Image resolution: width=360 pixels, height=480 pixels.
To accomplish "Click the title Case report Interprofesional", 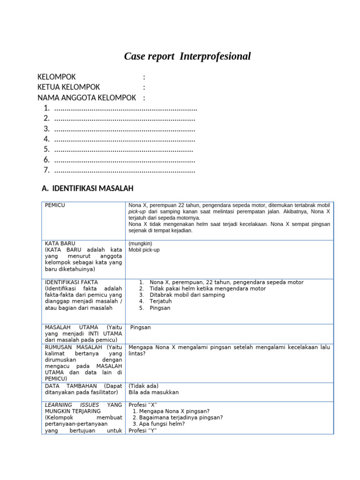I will point(187,57).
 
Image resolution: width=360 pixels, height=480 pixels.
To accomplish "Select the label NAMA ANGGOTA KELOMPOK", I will point(87,97).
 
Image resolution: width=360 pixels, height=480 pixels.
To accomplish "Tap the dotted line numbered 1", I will point(125,108).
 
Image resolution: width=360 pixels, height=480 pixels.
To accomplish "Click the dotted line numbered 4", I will point(124,139).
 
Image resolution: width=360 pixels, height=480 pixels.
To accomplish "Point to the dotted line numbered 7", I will point(124,170).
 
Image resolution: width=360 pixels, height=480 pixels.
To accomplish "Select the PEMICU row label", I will point(55,205).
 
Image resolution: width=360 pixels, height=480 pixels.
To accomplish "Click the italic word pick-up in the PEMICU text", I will point(137,212).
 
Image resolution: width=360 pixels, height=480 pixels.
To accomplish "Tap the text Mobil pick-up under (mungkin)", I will point(144,250).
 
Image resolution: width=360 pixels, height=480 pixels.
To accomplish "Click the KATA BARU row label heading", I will point(60,244).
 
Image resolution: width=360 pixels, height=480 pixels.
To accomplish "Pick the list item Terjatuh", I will point(161,302).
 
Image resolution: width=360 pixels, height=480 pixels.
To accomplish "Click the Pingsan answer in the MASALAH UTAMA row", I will point(140,327).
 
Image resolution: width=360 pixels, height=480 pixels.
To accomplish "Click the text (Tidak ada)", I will point(143,386).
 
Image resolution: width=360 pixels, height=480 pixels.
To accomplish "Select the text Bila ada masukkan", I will point(153,392).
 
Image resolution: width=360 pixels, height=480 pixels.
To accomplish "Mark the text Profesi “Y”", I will point(142,430).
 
